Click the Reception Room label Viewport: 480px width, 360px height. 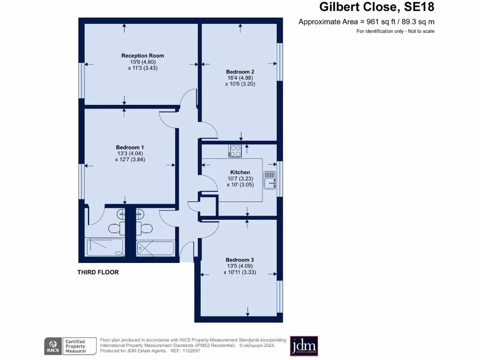[142, 56]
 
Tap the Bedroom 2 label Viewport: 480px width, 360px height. [240, 72]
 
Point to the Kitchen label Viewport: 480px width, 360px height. [240, 172]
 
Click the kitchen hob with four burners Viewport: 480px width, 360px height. [235, 151]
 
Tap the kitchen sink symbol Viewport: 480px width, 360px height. [270, 180]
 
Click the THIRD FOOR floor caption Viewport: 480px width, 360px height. [98, 272]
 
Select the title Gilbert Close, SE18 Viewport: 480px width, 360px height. [377, 7]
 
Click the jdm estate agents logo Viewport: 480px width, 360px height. [304, 346]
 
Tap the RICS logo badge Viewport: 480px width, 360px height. [52, 346]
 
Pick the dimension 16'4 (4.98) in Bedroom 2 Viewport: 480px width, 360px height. [240, 78]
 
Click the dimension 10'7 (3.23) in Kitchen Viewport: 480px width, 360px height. [240, 179]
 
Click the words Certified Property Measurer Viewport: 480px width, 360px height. [75, 346]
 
